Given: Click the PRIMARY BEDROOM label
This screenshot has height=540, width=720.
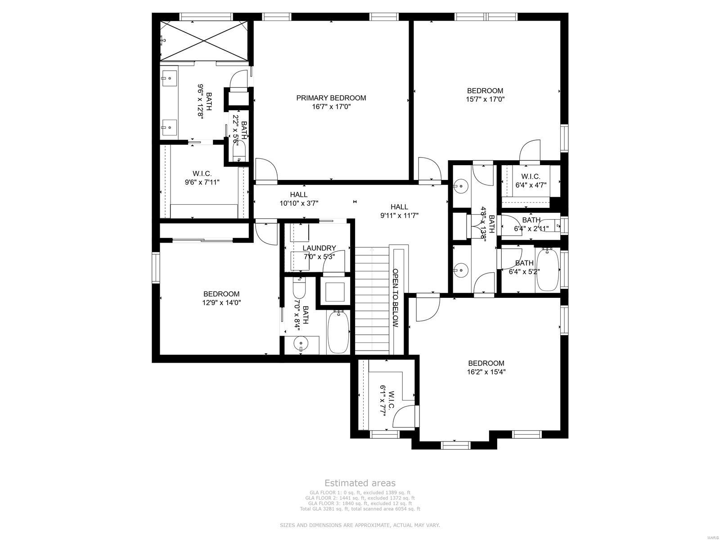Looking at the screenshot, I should point(331,98).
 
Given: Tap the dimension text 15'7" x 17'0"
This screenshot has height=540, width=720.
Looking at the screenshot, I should point(485,99).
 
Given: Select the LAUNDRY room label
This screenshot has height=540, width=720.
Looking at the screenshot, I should point(319,248).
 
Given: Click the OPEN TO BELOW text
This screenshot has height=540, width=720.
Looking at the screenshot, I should point(396,298).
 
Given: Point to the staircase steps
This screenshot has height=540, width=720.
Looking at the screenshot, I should point(372,301).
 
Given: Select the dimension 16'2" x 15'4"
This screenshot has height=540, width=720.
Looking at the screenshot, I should point(486,372).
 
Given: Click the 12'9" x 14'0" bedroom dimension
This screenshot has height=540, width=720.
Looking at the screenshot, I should point(221,303).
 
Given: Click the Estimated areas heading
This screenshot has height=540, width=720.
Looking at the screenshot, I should point(360,483).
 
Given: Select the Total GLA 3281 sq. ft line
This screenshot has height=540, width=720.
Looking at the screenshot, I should point(360,509).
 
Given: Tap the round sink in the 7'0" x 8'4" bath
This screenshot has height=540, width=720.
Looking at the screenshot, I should point(300,344).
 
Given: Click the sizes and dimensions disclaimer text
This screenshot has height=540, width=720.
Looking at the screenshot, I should point(360,525).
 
